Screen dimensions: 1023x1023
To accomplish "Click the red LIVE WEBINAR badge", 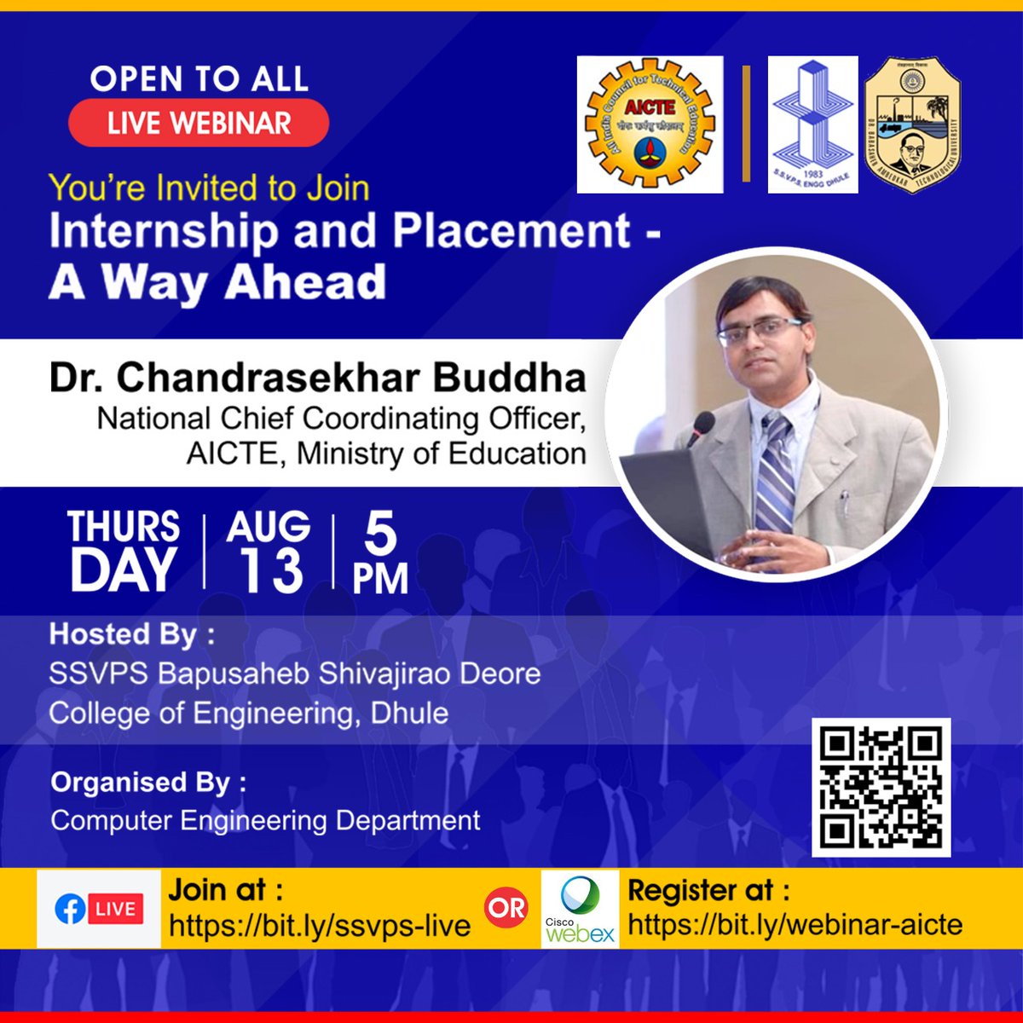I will pos(199,123).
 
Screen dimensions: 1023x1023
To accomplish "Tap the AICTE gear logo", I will pos(650,124).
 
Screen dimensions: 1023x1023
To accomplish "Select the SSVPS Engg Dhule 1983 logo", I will pos(812,124).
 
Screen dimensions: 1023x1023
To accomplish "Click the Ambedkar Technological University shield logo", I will pos(912,124).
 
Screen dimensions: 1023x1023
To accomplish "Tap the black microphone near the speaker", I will pos(702,426).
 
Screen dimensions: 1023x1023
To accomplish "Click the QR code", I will pos(881,787).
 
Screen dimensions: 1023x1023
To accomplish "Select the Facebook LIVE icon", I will pos(98,909).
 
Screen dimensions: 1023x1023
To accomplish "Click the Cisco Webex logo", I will pos(581,909).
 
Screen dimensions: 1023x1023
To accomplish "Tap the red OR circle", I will pos(506,907).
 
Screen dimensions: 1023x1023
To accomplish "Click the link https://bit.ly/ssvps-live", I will pos(320,926).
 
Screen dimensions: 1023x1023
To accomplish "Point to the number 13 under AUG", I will pos(269,570).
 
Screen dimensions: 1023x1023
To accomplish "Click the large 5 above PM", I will pos(380,535).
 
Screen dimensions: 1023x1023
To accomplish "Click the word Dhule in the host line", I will pos(409,713).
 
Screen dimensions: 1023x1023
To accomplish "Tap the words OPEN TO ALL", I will pos(199,79).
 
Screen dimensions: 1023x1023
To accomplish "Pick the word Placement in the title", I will pos(511,230).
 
